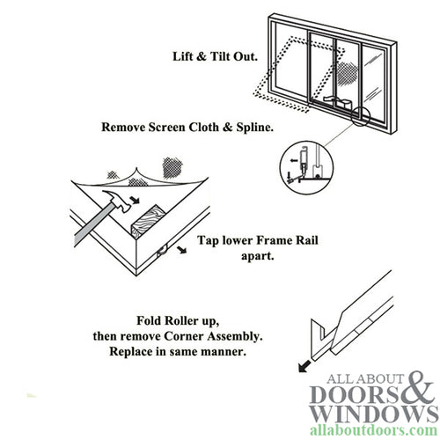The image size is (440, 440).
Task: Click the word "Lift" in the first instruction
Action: click(187, 57)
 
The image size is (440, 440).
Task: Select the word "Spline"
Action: click(249, 125)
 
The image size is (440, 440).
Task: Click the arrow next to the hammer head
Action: click(132, 202)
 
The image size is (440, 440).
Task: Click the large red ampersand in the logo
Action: click(417, 389)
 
